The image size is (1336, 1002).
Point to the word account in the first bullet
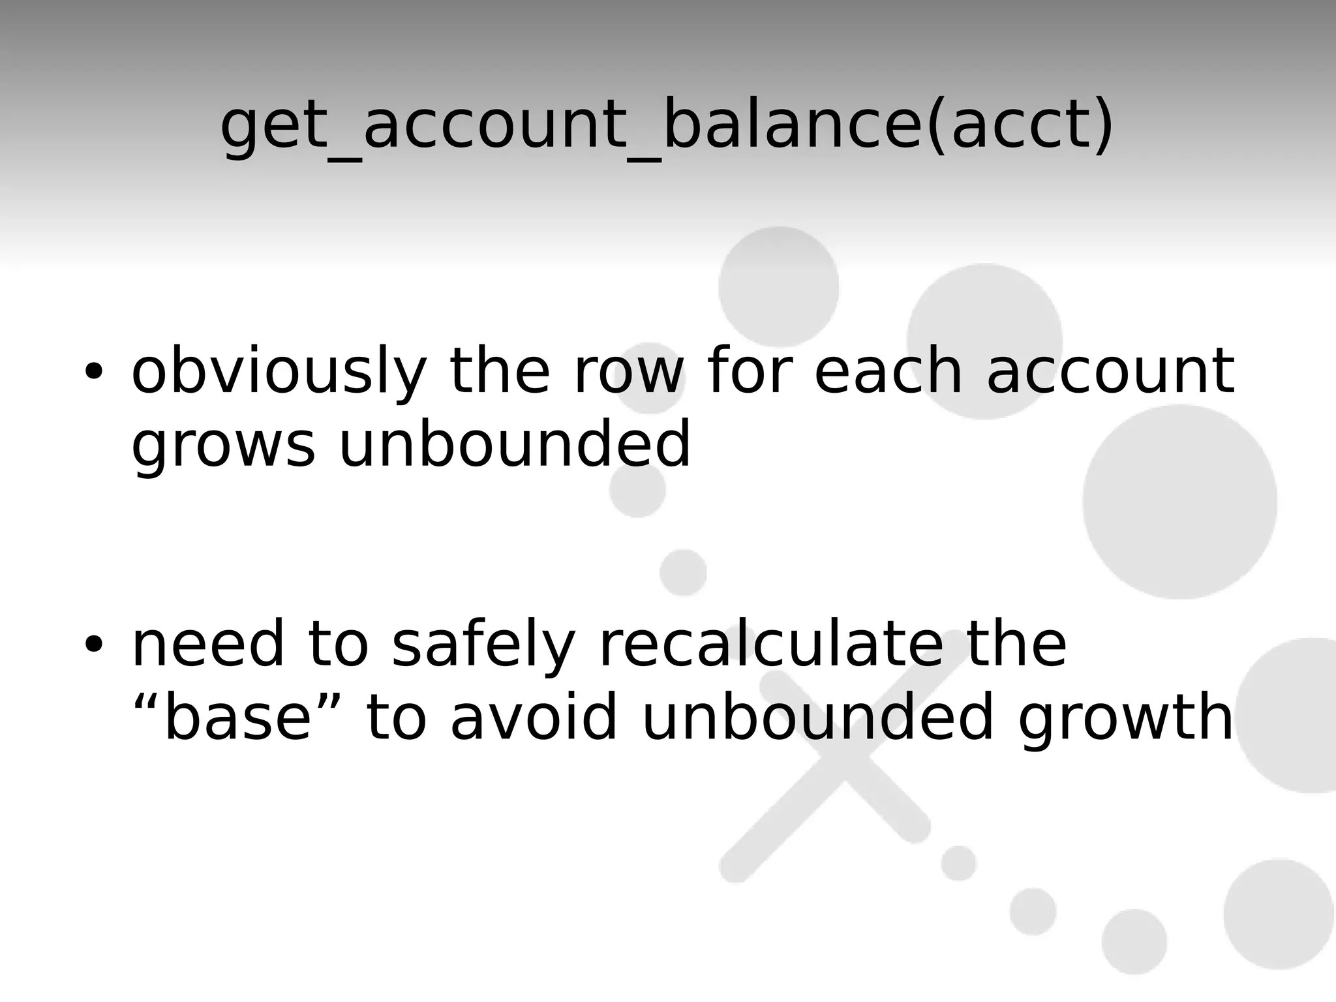[1110, 372]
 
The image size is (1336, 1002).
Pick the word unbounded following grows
[514, 444]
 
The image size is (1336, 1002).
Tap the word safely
[483, 646]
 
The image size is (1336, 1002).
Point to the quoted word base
[237, 718]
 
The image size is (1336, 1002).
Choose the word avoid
[533, 718]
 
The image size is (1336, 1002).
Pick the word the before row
[500, 372]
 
